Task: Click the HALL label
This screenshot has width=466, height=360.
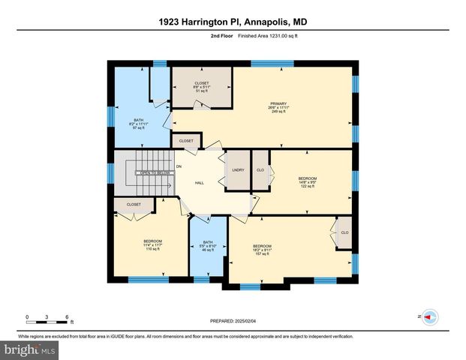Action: point(200,183)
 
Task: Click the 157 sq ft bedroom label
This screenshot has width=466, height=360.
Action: point(262,250)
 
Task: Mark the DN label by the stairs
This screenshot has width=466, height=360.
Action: point(179,166)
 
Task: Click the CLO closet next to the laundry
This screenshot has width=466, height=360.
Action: point(260,170)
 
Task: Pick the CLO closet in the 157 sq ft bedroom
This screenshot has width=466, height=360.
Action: point(344,232)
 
